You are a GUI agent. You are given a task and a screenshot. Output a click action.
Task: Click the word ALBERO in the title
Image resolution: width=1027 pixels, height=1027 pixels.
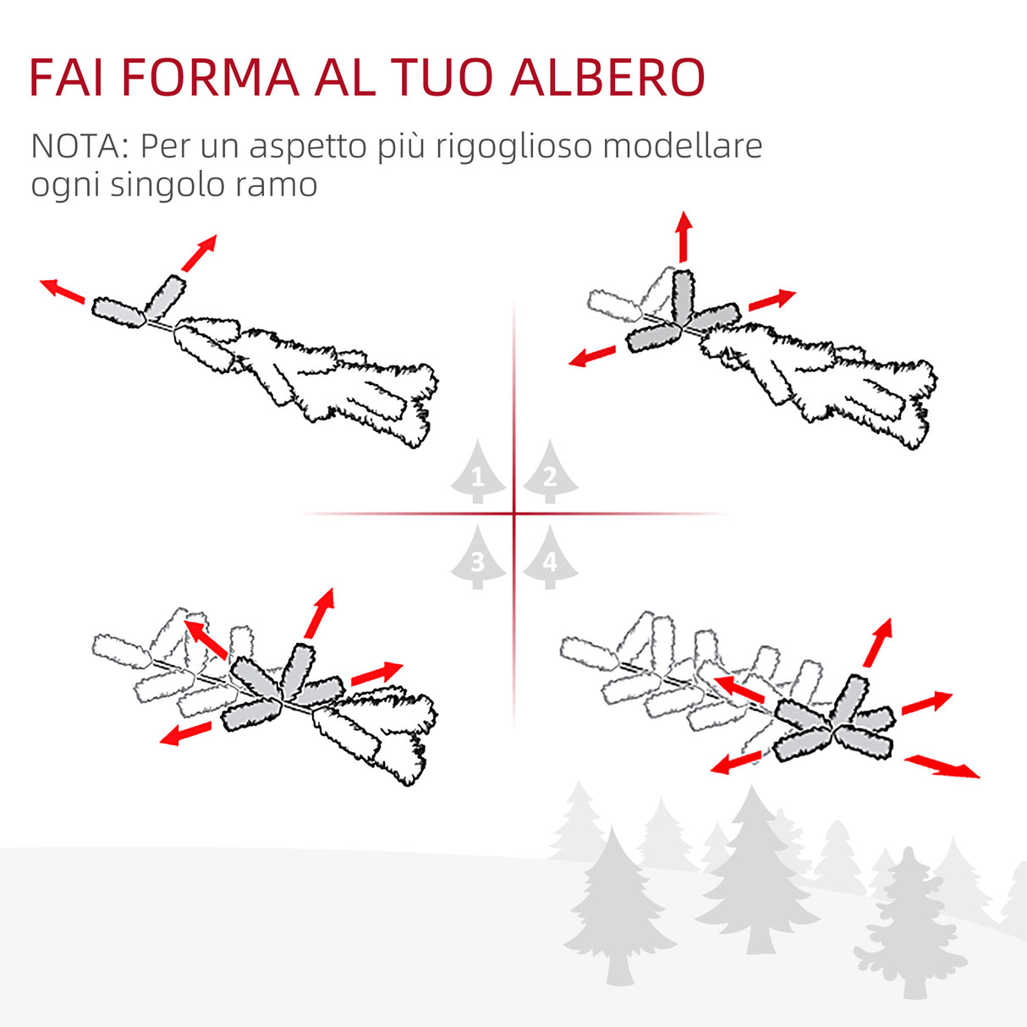608,78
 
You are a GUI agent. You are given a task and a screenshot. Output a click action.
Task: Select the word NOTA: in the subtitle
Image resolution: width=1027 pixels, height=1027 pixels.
79,146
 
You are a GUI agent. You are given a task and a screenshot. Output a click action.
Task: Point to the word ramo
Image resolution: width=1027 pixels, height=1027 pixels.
283,184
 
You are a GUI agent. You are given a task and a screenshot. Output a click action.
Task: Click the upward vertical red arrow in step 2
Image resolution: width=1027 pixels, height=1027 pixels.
684,237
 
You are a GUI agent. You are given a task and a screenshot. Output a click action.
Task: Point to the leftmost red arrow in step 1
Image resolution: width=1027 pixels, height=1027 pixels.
63,289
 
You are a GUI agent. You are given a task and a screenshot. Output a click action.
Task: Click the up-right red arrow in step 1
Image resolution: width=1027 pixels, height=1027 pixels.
200,253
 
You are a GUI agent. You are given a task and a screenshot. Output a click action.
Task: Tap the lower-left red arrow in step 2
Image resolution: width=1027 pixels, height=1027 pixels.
592,356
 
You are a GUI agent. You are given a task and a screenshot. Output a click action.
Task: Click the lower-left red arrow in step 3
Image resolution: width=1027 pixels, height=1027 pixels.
186,733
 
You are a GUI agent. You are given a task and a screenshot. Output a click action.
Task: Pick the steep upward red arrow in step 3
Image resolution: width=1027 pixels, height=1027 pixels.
320,612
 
